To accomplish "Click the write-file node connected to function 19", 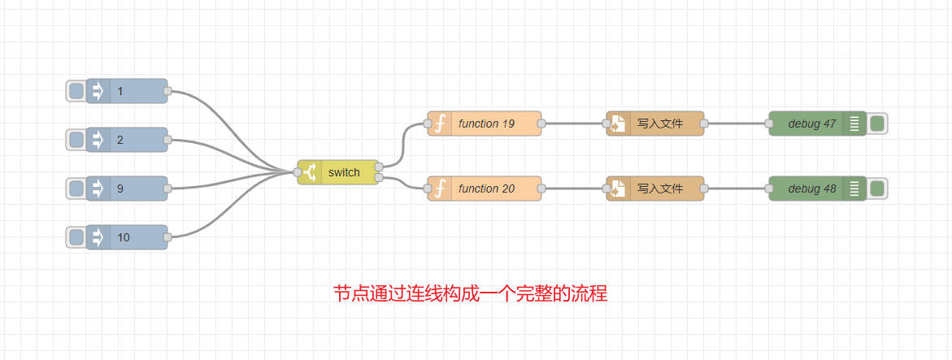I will coord(659,124).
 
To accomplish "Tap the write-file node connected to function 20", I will coord(659,189).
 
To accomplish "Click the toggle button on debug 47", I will coord(877,124).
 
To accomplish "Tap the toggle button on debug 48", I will coord(877,189).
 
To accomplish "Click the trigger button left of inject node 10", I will coord(76,237).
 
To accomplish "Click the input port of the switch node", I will coord(298,172).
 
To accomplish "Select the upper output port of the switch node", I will coord(380,167).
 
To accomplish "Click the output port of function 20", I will coord(541,189).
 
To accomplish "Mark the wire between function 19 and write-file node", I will coord(574,124).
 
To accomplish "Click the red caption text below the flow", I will coord(471,293).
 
